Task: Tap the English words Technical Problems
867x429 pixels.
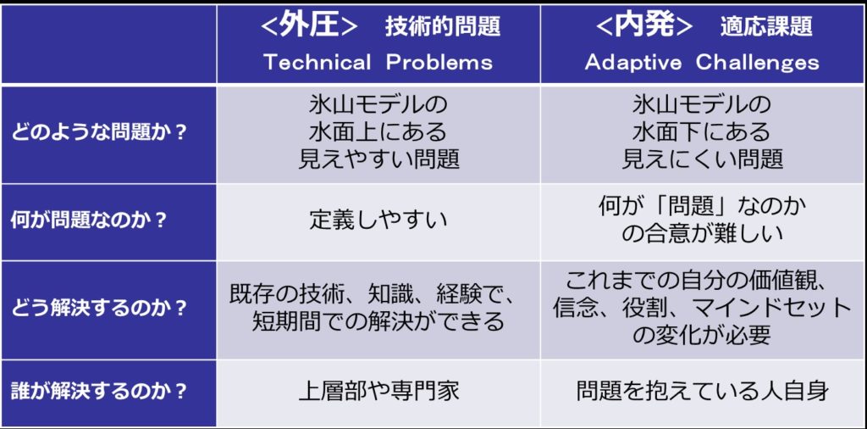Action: coord(378,62)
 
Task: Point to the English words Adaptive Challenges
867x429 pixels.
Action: coord(702,62)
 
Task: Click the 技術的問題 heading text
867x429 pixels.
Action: coord(442,27)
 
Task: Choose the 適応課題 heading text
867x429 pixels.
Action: coord(766,27)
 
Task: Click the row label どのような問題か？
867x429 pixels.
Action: coord(98,134)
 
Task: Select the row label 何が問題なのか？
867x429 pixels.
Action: coord(89,220)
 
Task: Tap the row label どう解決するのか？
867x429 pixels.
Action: coord(98,308)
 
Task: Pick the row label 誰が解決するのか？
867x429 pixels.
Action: coord(98,391)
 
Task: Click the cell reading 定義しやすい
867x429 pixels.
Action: coord(378,220)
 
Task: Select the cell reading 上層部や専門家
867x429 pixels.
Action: coord(378,391)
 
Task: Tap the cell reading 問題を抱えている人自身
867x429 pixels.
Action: coord(702,391)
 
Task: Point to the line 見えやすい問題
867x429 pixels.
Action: coord(378,159)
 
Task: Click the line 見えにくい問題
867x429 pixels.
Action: coord(702,159)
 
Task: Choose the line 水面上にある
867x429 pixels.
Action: coord(378,131)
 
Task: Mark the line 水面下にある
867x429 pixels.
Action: coord(702,131)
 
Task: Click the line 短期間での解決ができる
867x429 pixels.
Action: coord(378,321)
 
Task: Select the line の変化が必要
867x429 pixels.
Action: coord(702,334)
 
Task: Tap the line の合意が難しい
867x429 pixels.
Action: coord(702,234)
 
